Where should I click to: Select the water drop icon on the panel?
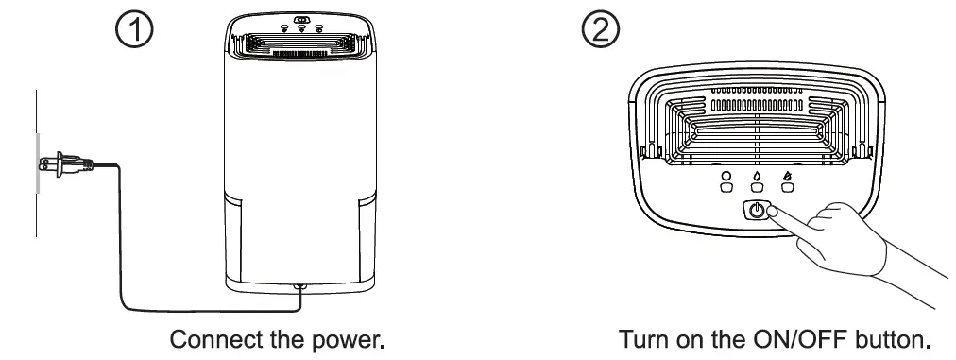756,175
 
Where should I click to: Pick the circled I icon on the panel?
726,175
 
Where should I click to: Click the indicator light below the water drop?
756,187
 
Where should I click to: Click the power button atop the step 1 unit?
301,18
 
